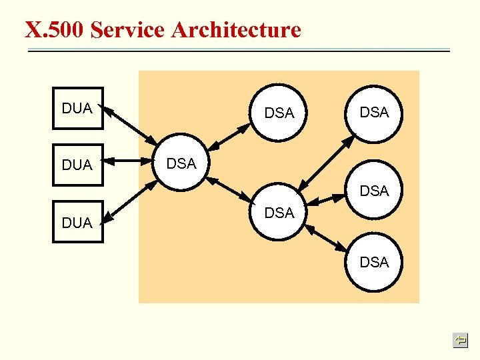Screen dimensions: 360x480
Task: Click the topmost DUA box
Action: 78,108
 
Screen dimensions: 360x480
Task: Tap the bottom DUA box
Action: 78,222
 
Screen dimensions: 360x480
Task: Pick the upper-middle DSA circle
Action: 279,113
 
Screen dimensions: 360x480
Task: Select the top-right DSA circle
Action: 373,113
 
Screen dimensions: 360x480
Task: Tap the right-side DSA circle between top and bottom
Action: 373,191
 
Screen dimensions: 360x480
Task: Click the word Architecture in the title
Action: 236,30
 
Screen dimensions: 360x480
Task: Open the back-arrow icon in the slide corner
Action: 459,341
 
